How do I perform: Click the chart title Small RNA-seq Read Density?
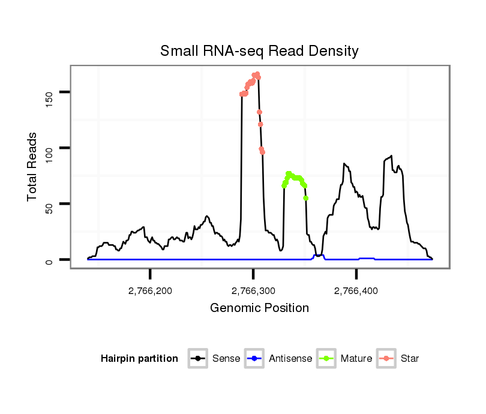click(x=259, y=51)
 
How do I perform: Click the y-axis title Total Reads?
click(x=32, y=167)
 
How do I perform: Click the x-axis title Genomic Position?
click(x=259, y=308)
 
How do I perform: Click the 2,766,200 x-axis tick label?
click(x=150, y=291)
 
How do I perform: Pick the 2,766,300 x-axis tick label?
click(x=253, y=291)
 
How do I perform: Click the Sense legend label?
click(x=226, y=359)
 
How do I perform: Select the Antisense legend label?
click(x=290, y=359)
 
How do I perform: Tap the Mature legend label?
click(x=356, y=359)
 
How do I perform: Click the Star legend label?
click(x=409, y=359)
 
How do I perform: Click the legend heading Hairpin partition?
click(x=139, y=359)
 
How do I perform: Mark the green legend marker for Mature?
click(x=326, y=359)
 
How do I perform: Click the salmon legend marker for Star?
click(x=387, y=359)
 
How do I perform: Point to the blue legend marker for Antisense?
click(x=254, y=359)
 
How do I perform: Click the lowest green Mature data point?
click(x=306, y=198)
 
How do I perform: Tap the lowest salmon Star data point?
click(x=263, y=152)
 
